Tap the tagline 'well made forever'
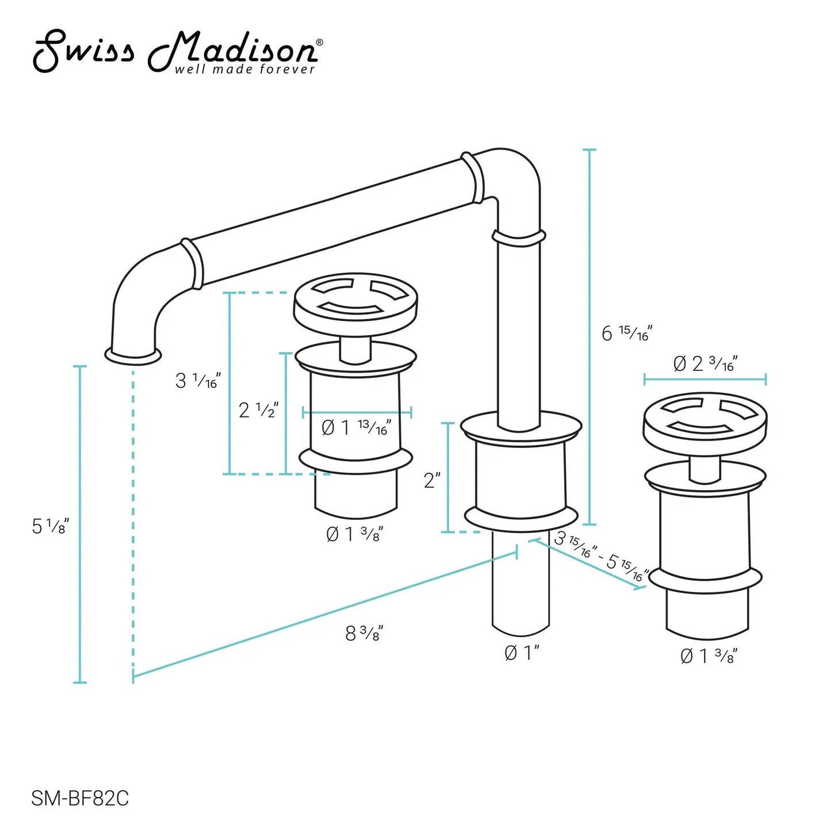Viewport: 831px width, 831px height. pos(244,70)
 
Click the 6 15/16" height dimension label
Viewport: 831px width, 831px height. pos(627,333)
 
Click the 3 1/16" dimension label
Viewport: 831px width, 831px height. pos(198,380)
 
